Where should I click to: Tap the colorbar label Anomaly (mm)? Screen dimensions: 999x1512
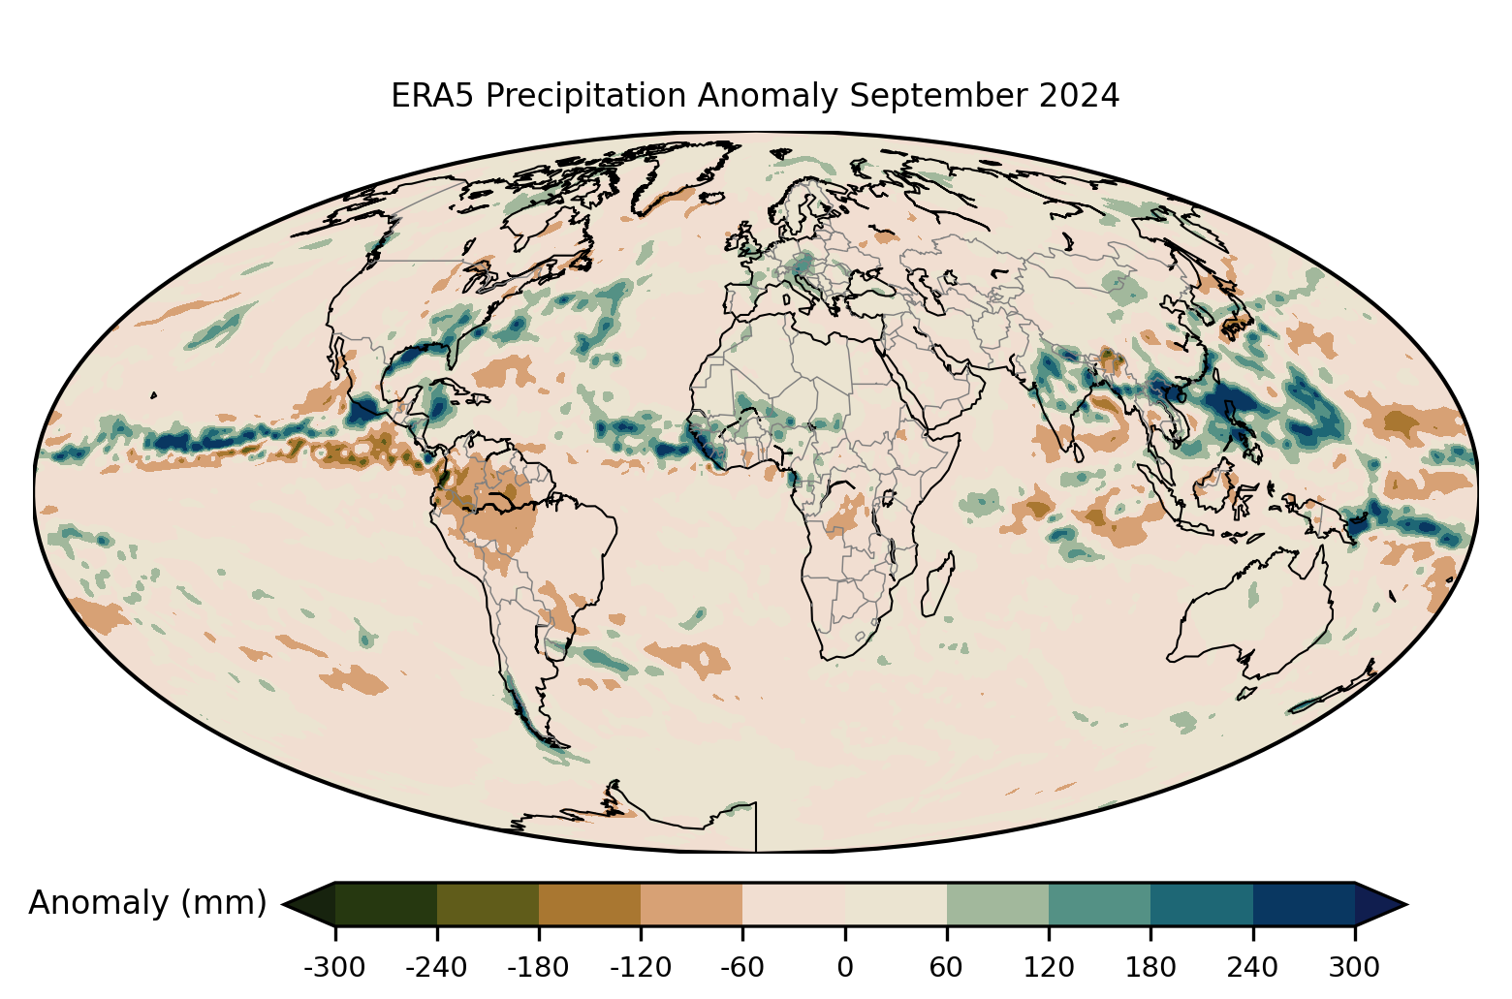(147, 903)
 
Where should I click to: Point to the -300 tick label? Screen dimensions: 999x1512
(334, 967)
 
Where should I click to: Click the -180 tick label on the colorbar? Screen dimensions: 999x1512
(539, 967)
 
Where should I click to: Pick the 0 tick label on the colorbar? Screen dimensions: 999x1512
(845, 967)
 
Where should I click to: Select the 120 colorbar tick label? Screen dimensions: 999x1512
(1049, 967)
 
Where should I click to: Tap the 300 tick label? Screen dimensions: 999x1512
(1355, 967)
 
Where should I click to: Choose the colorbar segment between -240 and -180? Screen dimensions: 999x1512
(488, 905)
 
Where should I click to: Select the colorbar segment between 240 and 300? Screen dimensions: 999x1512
(1304, 905)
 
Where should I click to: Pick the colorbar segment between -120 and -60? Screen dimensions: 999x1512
(692, 905)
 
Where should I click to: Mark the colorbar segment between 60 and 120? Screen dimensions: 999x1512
(997, 905)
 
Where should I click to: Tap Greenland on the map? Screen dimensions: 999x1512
(678, 174)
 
